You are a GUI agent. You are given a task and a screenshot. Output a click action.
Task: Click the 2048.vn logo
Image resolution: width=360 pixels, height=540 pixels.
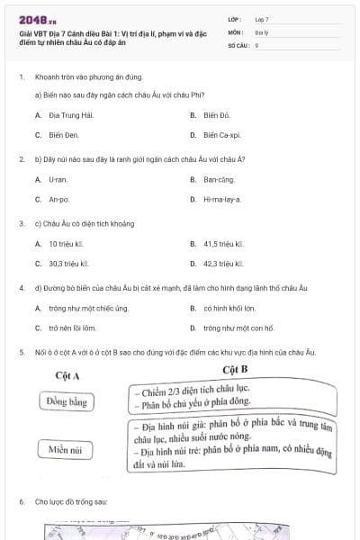coord(38,19)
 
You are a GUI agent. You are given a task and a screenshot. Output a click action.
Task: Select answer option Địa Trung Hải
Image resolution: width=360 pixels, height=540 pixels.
coord(70,115)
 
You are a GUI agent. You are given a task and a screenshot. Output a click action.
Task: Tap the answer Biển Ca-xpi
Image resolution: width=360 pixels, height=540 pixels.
coord(221,135)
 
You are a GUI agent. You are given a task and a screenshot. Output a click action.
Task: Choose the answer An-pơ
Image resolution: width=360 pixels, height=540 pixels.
coord(58,199)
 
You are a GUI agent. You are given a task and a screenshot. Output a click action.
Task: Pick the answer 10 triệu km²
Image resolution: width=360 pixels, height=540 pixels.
coord(67,243)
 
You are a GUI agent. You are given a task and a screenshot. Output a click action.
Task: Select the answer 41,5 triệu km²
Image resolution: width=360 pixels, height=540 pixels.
coord(223,243)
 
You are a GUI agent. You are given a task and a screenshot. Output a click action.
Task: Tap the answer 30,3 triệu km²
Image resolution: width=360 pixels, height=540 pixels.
coord(68,264)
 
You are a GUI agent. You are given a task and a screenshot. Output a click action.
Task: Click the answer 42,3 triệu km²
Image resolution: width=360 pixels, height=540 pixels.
coord(223,264)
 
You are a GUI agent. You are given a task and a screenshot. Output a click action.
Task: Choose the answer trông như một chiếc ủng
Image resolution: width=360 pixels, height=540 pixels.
coord(88,308)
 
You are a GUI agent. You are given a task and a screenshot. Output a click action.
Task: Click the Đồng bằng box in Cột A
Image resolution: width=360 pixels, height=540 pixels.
coord(68,401)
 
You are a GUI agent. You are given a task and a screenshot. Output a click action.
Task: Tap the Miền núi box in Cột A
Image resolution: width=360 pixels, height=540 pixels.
coord(68,448)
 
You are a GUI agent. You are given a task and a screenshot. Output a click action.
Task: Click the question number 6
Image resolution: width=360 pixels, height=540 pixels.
coord(22,499)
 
